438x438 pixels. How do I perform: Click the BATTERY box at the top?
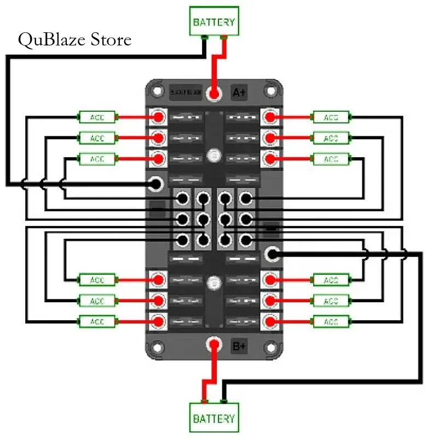pyautogui.click(x=214, y=21)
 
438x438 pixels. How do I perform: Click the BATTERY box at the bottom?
pyautogui.click(x=214, y=418)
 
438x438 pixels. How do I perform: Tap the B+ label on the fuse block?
pyautogui.click(x=239, y=346)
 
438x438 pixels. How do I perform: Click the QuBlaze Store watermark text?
pyautogui.click(x=74, y=40)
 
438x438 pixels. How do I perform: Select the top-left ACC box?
pyautogui.click(x=97, y=117)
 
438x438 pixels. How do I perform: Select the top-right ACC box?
pyautogui.click(x=331, y=117)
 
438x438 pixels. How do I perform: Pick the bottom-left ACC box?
pyautogui.click(x=97, y=321)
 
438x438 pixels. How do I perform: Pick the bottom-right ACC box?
pyautogui.click(x=331, y=321)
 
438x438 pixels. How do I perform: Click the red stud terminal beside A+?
pyautogui.click(x=214, y=94)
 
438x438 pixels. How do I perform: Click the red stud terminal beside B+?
pyautogui.click(x=214, y=345)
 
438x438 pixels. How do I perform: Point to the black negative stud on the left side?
pyautogui.click(x=157, y=183)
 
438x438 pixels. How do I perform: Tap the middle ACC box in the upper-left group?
pyautogui.click(x=97, y=137)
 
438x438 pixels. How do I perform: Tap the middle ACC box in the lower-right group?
pyautogui.click(x=331, y=301)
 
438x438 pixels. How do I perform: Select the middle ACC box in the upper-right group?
pyautogui.click(x=331, y=138)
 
